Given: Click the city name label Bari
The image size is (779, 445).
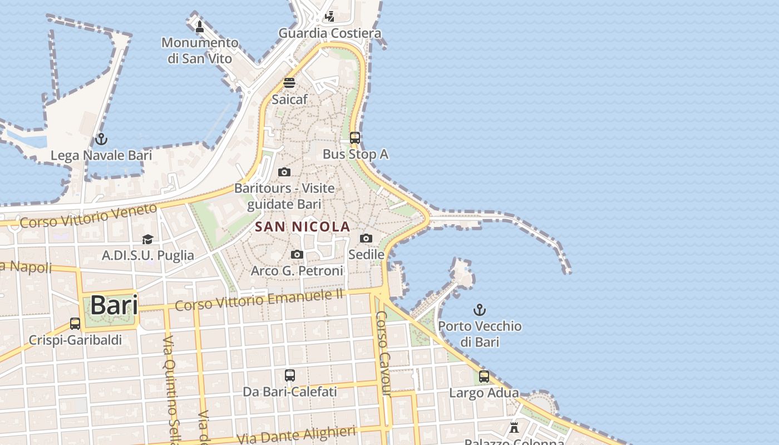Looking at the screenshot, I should (114, 305).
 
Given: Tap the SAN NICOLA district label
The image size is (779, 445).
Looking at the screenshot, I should (303, 226).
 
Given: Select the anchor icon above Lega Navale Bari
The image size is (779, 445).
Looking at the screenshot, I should (101, 139).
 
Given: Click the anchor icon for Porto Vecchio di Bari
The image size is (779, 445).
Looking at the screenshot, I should (480, 310).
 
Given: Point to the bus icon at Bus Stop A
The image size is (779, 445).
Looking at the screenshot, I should (355, 137).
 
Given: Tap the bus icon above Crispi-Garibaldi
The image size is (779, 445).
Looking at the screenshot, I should (75, 323).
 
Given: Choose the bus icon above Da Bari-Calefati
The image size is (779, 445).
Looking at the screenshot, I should (290, 375).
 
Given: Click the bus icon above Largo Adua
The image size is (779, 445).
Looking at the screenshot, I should (484, 377).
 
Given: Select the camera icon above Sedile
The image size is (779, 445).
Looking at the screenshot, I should (366, 238).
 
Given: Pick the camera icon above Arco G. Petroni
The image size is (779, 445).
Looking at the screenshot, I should (297, 254).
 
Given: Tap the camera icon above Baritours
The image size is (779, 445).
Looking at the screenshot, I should (284, 172).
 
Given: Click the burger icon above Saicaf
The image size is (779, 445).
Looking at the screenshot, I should (289, 83).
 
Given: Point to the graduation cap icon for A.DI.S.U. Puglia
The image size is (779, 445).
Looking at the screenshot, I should (147, 239).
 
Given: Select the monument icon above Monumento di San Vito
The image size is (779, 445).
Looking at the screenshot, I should (200, 26).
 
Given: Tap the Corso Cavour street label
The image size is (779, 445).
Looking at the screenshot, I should (383, 361).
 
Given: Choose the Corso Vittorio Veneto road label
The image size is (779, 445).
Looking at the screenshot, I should (88, 216).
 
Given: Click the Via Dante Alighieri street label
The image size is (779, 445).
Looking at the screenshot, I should (296, 435).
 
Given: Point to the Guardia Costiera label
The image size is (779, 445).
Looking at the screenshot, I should (330, 33).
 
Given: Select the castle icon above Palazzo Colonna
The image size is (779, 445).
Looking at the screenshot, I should (514, 428).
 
